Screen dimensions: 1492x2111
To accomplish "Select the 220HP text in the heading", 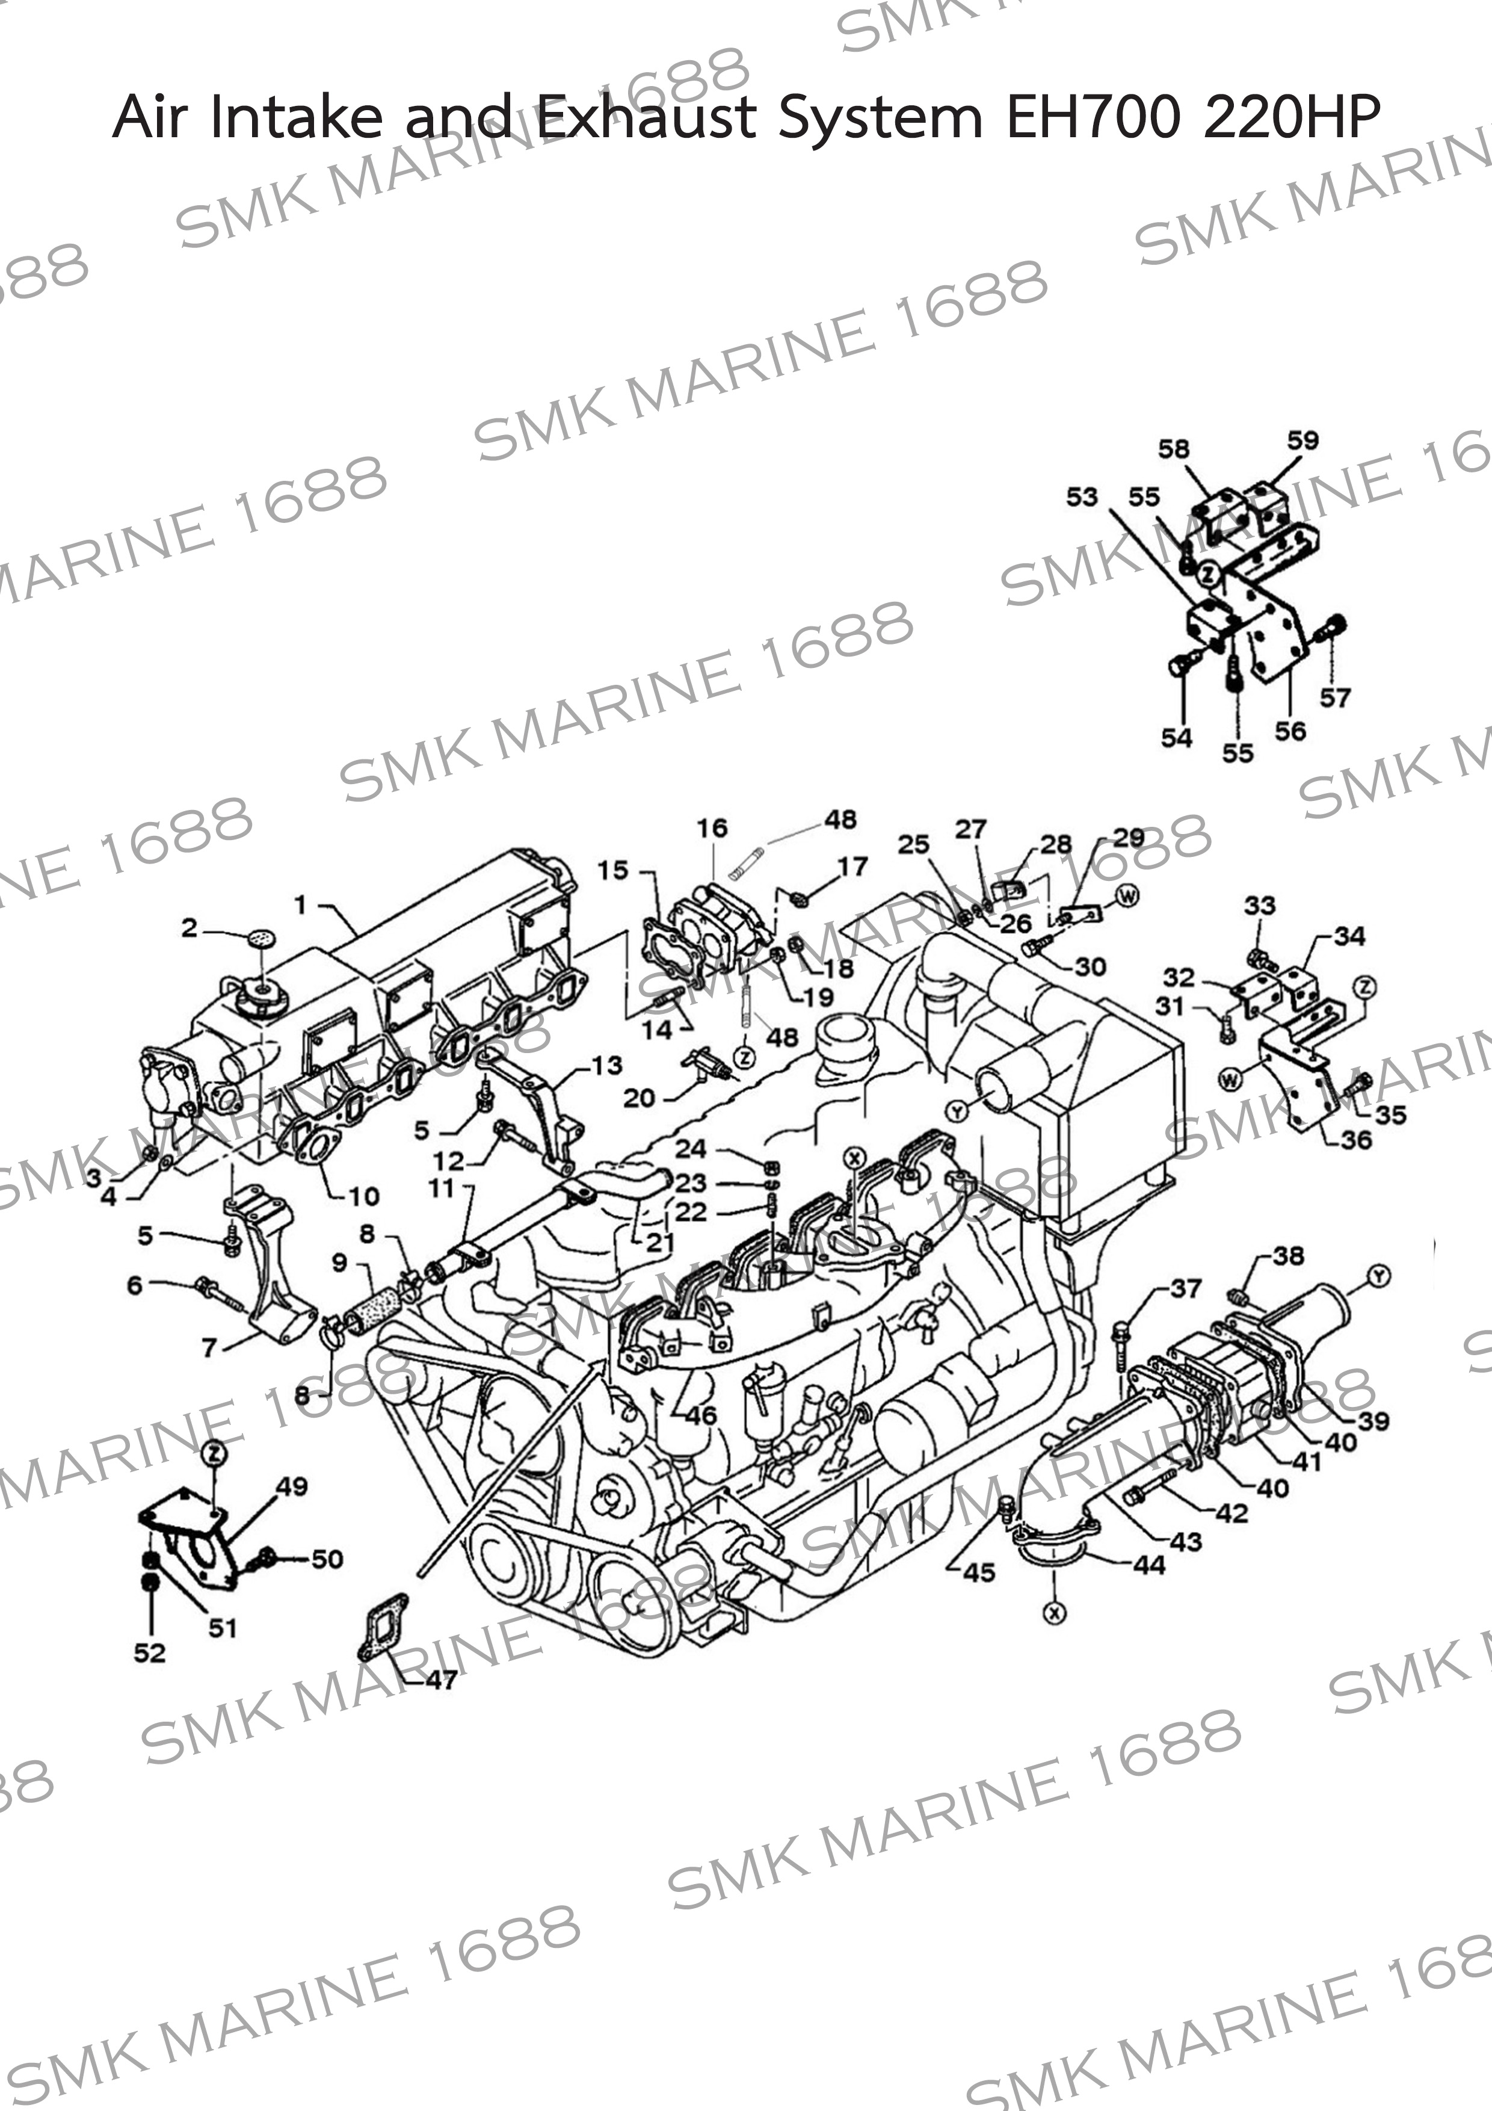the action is click(x=1290, y=118).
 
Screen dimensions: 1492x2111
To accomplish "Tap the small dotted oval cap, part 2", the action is click(x=261, y=939).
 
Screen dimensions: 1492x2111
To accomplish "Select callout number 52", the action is click(x=150, y=1652).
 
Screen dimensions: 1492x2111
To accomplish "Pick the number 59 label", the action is click(x=1302, y=440).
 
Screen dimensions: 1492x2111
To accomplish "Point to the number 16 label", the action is click(x=712, y=829).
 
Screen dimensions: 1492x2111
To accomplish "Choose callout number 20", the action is click(x=639, y=1097).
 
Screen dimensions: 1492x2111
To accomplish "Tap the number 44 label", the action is click(x=1149, y=1564).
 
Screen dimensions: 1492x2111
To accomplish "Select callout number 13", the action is click(x=607, y=1066).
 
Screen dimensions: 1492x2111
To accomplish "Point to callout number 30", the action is click(x=1090, y=966).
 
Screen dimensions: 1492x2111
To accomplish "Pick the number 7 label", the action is click(x=209, y=1348).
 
